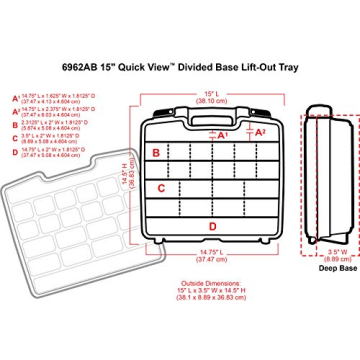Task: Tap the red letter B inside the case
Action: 156,153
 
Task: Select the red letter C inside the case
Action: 161,187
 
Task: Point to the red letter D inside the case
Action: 212,226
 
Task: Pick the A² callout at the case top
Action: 261,131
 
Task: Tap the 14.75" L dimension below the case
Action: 209,254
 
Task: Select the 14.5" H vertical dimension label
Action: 126,177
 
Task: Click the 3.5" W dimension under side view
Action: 335,254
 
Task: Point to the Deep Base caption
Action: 335,268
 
